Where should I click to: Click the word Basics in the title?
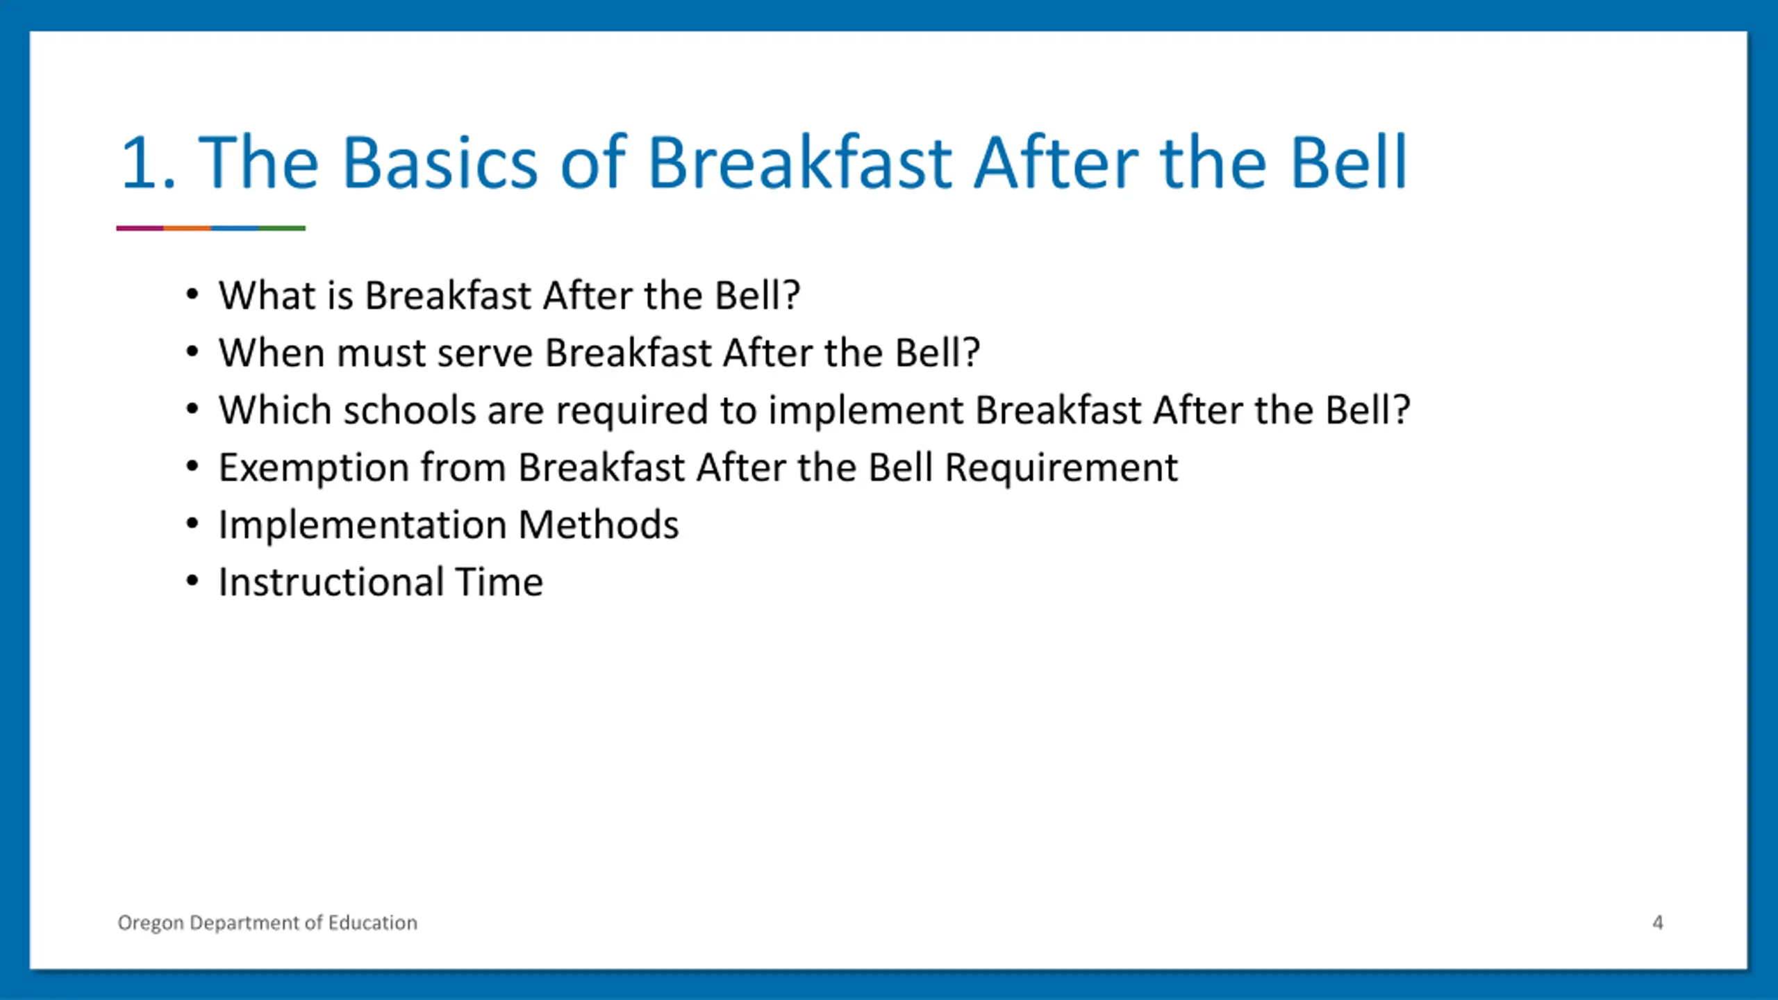coord(440,162)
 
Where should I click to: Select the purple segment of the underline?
coord(140,228)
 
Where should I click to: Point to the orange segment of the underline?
coord(188,228)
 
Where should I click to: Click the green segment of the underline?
coord(282,228)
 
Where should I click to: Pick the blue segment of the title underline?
coord(235,228)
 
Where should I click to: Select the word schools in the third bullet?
coord(409,410)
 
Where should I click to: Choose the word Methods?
coord(598,524)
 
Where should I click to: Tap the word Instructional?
coord(331,581)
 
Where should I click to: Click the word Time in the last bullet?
coord(499,581)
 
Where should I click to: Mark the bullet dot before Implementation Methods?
coord(192,524)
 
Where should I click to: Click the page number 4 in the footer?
coord(1658,922)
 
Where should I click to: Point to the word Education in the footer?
coord(372,922)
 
